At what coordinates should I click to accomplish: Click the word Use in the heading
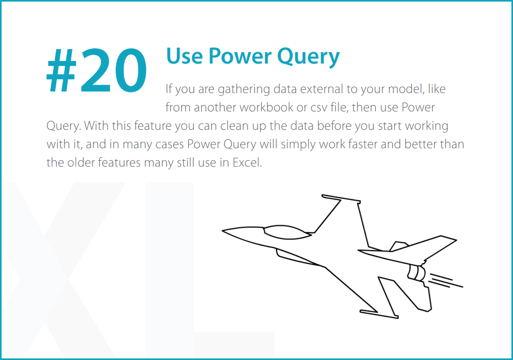[183, 56]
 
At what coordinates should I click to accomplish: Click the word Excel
[247, 162]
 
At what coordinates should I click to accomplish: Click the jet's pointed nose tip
[223, 230]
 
